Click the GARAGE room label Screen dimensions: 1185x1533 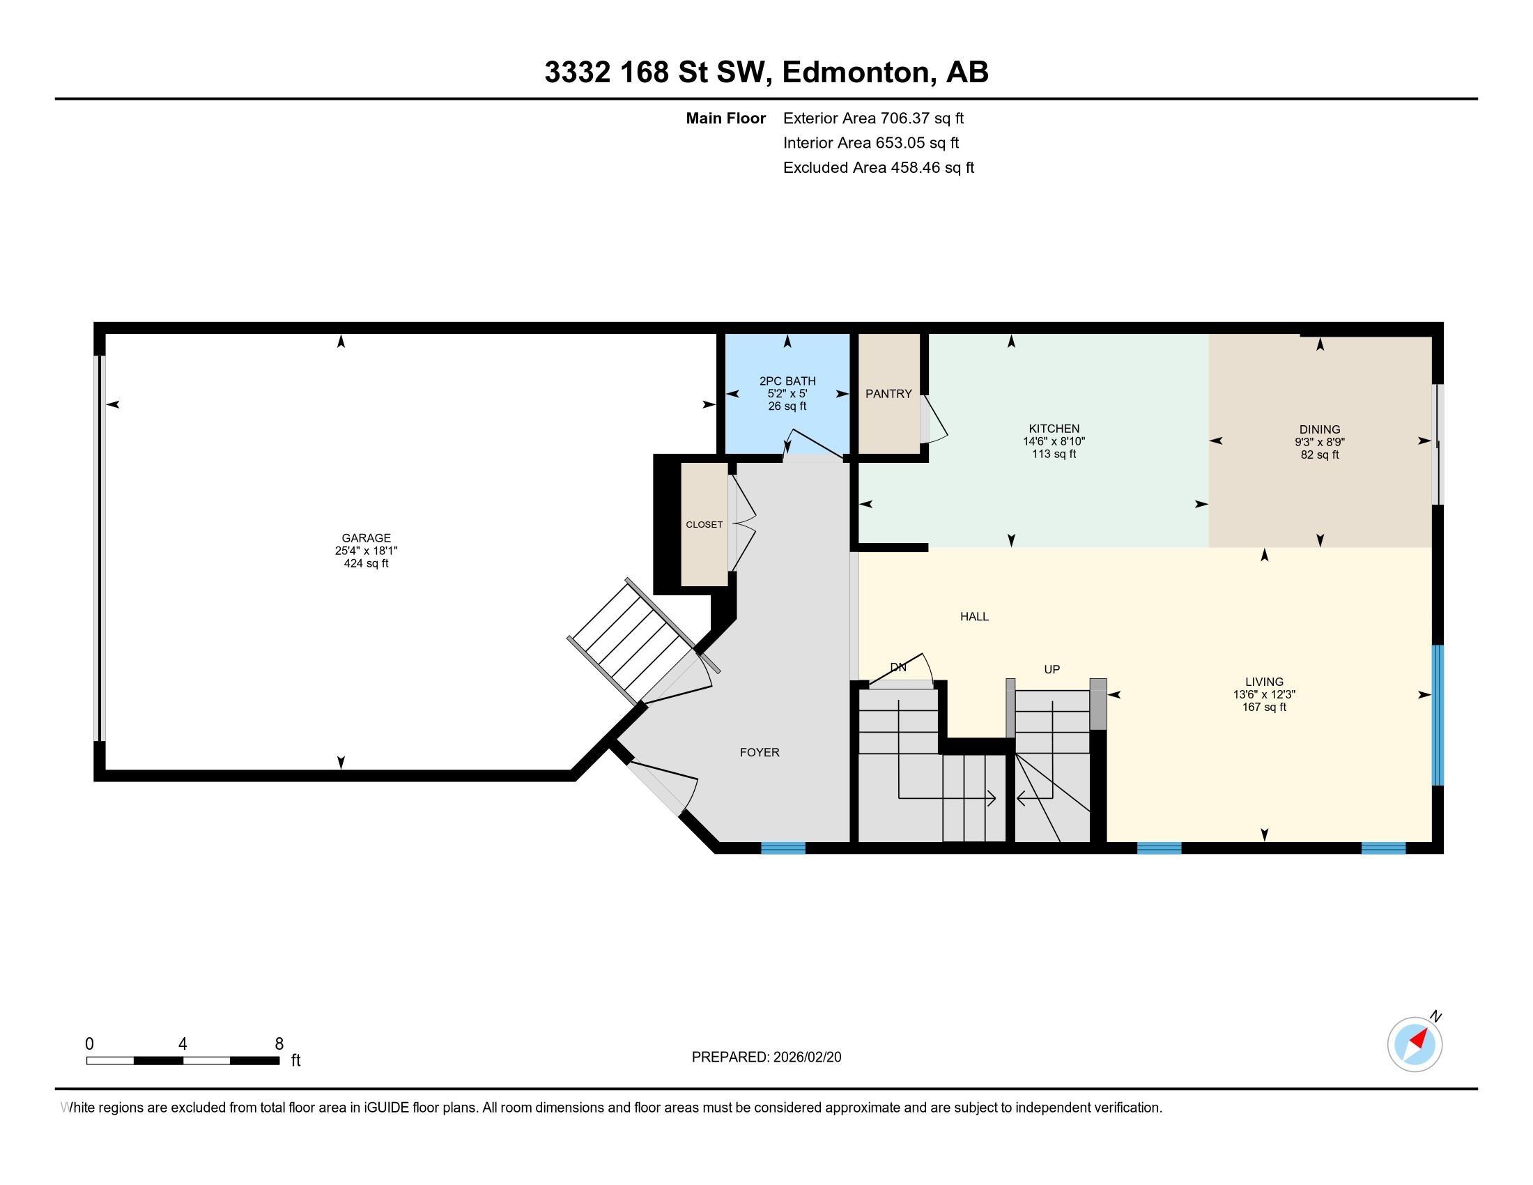pyautogui.click(x=366, y=538)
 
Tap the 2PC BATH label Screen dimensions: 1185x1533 pyautogui.click(x=787, y=381)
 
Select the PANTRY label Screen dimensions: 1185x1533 pyautogui.click(x=888, y=394)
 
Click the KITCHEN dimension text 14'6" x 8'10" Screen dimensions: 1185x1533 pyautogui.click(x=1054, y=441)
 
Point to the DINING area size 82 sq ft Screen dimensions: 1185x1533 pyautogui.click(x=1319, y=455)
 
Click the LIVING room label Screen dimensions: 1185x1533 pyautogui.click(x=1263, y=682)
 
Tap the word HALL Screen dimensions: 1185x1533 pyautogui.click(x=973, y=616)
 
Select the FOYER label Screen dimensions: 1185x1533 pyautogui.click(x=759, y=753)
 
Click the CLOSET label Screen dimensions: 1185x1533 pyautogui.click(x=703, y=524)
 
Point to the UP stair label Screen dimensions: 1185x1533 pyautogui.click(x=1051, y=670)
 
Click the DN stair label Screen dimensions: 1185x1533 pyautogui.click(x=898, y=668)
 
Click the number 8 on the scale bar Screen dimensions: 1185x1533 pyautogui.click(x=279, y=1043)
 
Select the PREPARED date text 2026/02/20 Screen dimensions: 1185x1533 pyautogui.click(x=806, y=1057)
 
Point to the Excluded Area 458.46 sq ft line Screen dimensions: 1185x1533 pyautogui.click(x=878, y=168)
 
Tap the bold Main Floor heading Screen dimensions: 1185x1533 pyautogui.click(x=725, y=118)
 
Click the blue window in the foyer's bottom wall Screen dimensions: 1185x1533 pyautogui.click(x=783, y=848)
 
